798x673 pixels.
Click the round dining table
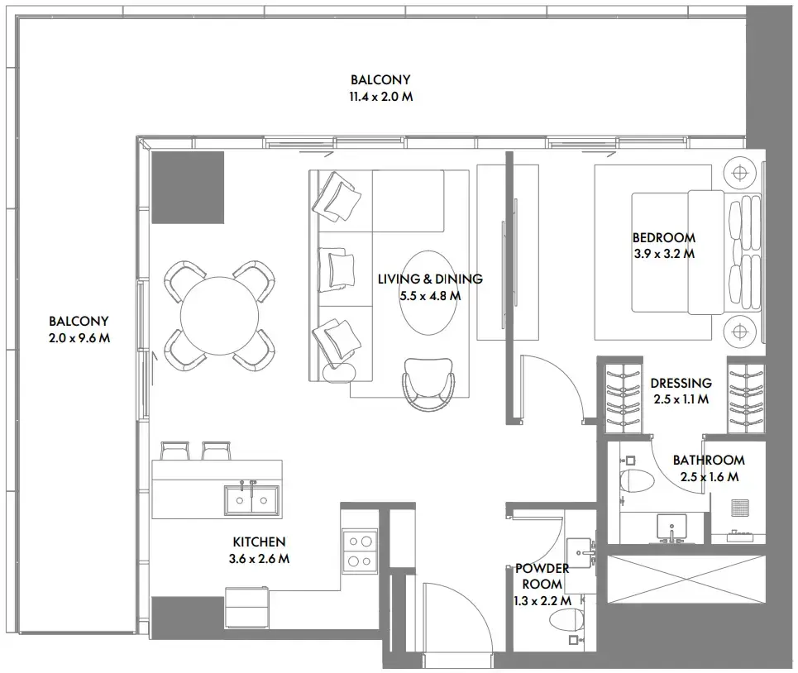(x=219, y=316)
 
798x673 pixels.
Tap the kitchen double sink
(x=251, y=500)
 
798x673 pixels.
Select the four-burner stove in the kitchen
(x=360, y=551)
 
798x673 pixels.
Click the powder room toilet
(x=566, y=619)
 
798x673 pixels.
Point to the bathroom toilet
(x=637, y=480)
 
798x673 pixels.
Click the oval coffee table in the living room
(x=428, y=293)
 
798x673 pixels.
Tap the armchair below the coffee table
(x=428, y=384)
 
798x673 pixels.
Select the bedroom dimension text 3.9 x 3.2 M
(x=664, y=253)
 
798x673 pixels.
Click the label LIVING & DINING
(x=430, y=279)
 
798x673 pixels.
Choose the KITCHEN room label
(x=259, y=542)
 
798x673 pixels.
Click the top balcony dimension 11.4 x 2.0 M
(x=380, y=96)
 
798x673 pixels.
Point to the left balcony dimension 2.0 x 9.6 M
(x=79, y=338)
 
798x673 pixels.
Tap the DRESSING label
(x=681, y=383)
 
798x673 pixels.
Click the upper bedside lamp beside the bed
(x=740, y=174)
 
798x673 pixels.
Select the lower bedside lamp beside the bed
(x=740, y=332)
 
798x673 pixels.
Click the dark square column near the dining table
(x=188, y=187)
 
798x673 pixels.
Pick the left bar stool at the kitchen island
(x=175, y=451)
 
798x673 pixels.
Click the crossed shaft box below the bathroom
(x=686, y=580)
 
